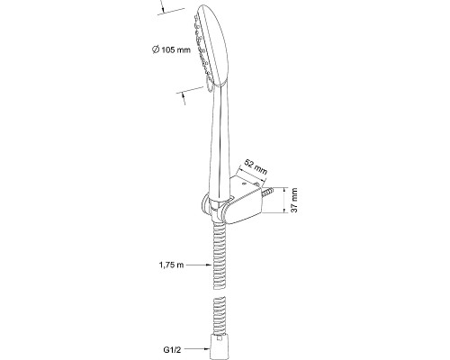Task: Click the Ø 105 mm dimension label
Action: (171, 49)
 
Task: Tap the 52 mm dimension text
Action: (256, 167)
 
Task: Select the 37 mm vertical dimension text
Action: (294, 200)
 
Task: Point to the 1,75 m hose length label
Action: (171, 265)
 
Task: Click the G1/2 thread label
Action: (172, 349)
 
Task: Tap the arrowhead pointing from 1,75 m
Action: (209, 265)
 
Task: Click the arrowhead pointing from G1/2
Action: (208, 349)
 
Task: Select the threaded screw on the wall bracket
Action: (267, 192)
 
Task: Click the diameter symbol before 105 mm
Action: (156, 49)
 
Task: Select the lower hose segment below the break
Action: (220, 316)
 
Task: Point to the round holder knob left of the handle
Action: (206, 205)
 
